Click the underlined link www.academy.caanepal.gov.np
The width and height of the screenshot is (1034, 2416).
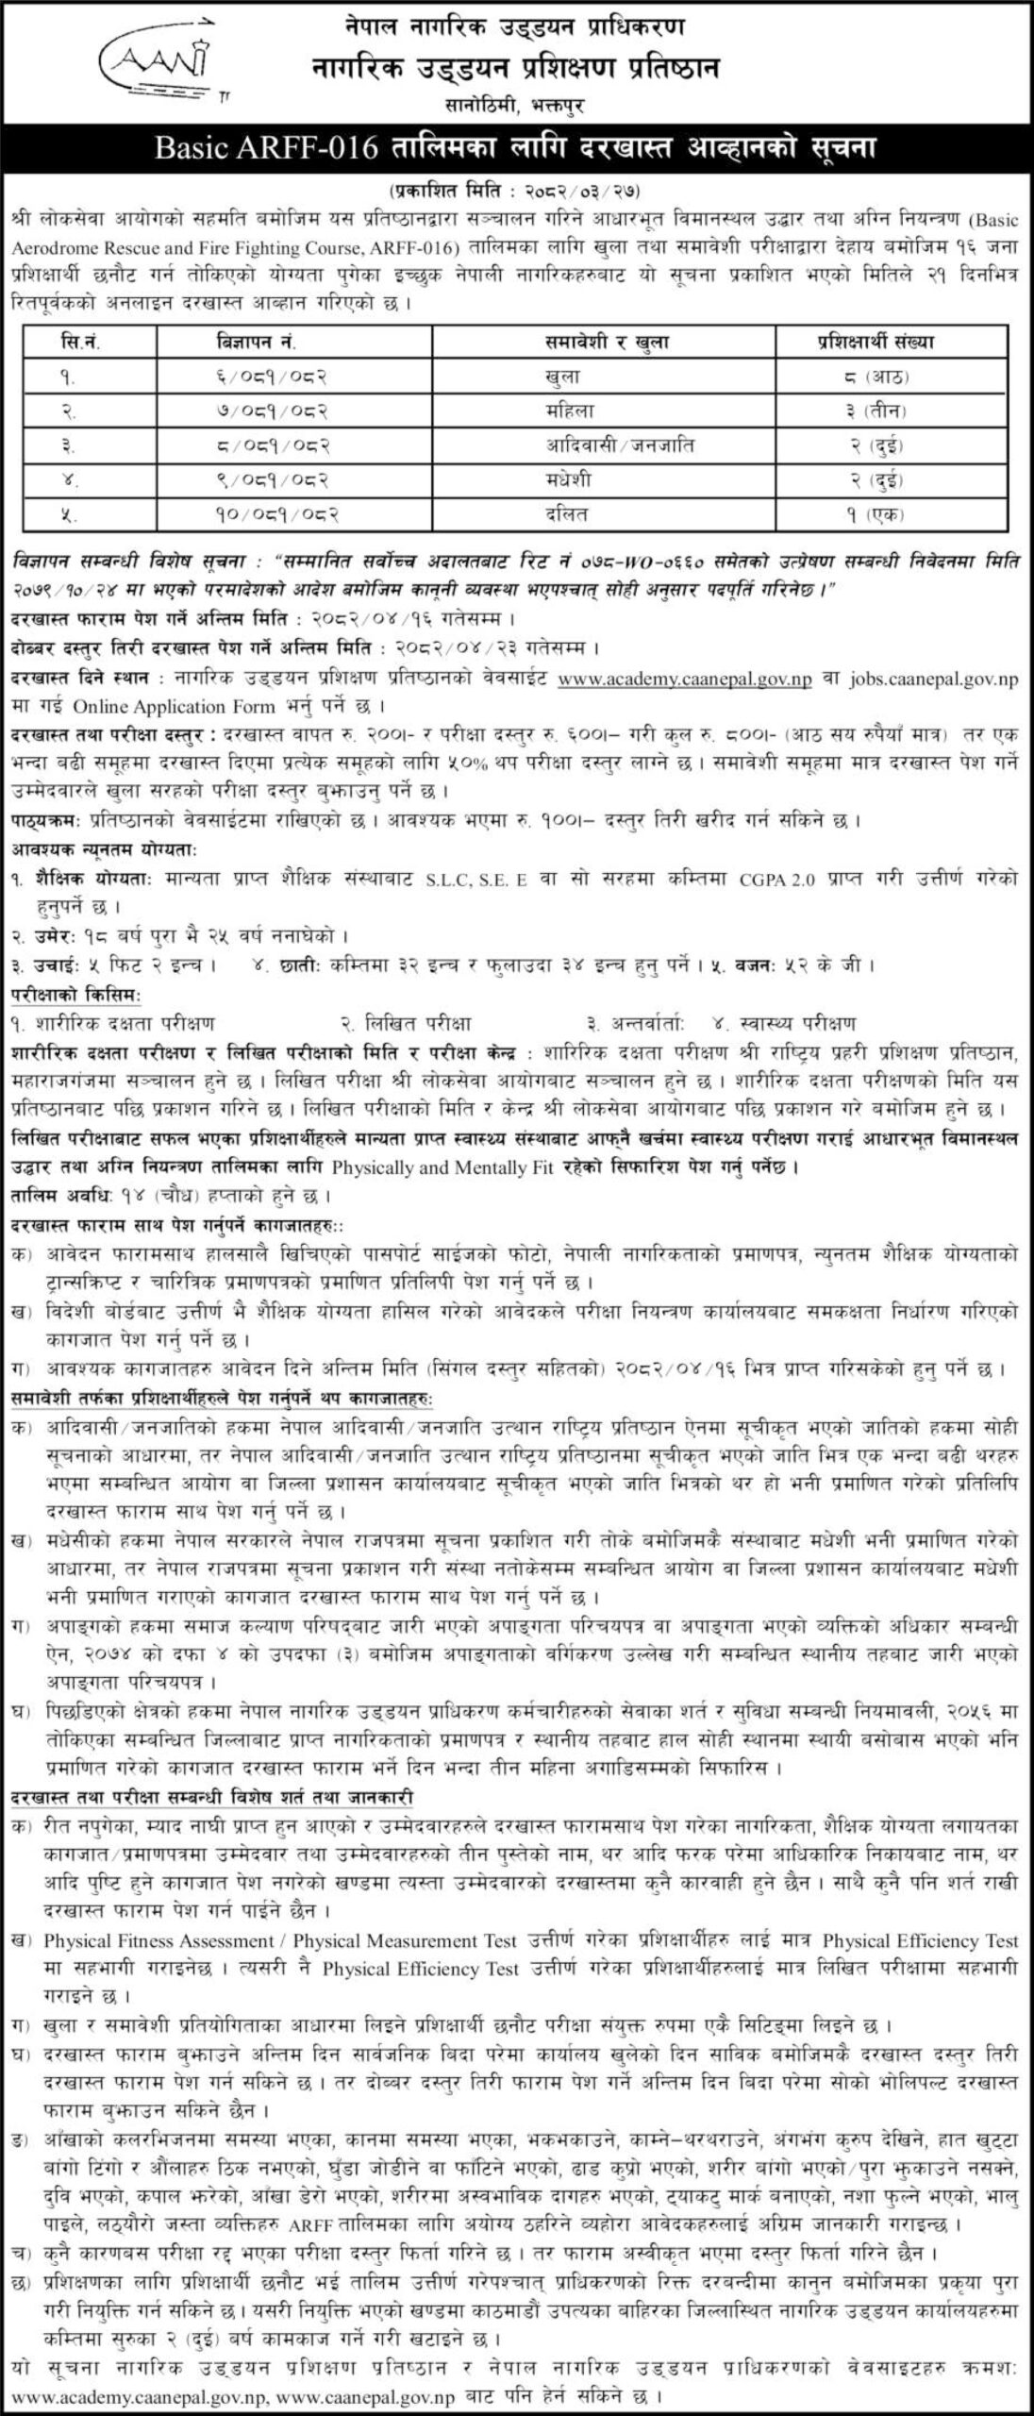point(685,680)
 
